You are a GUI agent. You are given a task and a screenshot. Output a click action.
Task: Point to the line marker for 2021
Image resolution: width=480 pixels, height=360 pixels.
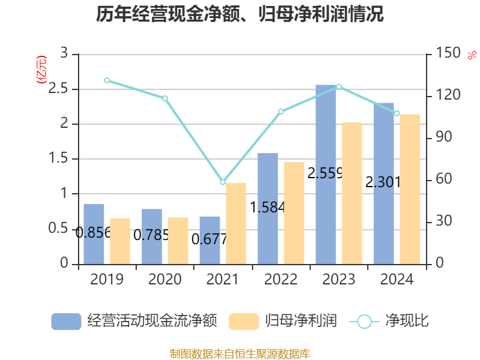click(223, 182)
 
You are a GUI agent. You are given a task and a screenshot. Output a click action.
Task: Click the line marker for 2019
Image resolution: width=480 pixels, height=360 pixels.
click(107, 80)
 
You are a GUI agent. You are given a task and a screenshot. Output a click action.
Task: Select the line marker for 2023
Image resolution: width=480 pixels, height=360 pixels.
click(339, 86)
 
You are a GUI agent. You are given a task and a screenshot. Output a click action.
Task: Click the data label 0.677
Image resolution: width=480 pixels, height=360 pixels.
click(209, 239)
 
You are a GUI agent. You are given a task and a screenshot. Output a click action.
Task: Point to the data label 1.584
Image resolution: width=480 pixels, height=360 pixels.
click(267, 208)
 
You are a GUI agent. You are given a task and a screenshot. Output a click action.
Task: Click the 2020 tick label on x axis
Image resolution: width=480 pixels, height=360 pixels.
click(164, 279)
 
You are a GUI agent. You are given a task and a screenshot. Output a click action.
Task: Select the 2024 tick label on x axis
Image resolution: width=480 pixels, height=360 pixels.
click(397, 279)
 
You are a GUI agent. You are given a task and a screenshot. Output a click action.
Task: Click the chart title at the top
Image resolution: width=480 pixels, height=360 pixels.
click(240, 14)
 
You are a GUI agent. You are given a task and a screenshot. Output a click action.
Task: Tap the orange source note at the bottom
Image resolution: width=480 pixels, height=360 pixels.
click(240, 353)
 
